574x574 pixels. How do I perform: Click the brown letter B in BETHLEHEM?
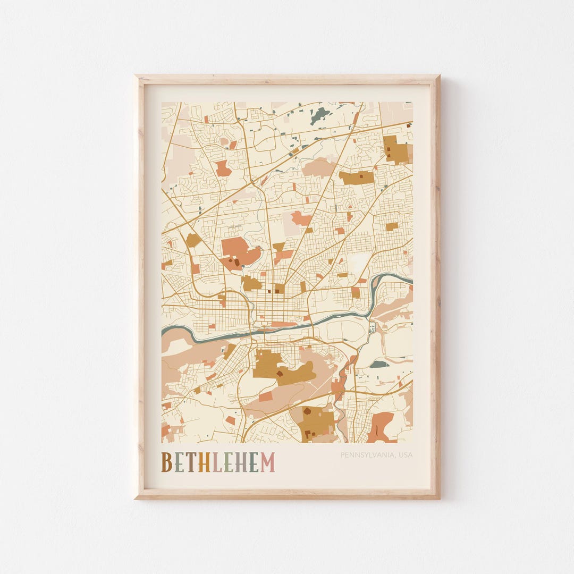point(167,462)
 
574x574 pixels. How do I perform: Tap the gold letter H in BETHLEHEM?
point(204,462)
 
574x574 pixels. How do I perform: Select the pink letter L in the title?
point(217,462)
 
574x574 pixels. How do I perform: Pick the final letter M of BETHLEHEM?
point(267,462)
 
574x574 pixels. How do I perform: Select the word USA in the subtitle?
point(405,455)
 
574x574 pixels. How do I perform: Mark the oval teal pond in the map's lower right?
point(379,364)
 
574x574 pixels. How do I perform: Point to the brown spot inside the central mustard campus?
point(280,374)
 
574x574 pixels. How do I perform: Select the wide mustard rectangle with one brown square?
point(357,178)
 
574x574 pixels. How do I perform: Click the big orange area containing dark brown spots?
point(239,251)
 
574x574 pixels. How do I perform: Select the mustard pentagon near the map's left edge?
point(193,240)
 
